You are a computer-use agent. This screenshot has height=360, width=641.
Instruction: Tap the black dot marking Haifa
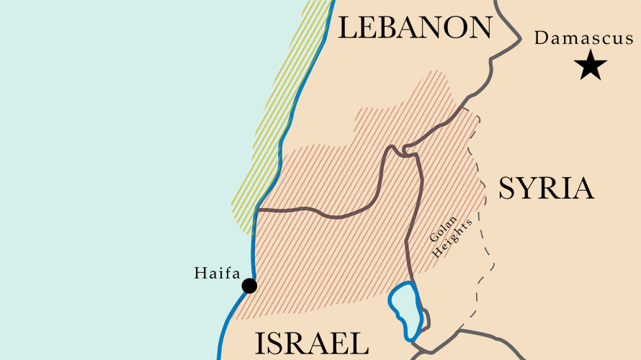tap(249, 286)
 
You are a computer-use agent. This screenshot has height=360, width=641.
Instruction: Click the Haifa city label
tap(215, 273)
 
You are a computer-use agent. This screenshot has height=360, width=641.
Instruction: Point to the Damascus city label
tap(583, 38)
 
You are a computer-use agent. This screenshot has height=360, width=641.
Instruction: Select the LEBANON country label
tap(415, 27)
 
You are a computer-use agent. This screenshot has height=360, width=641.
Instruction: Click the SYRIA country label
tap(546, 189)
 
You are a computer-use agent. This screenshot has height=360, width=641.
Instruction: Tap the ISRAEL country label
tap(311, 344)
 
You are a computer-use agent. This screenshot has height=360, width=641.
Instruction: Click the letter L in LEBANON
tap(347, 27)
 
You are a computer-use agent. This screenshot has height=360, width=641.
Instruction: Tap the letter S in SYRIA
tap(508, 189)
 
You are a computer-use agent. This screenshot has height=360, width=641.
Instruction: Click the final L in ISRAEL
tap(360, 344)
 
